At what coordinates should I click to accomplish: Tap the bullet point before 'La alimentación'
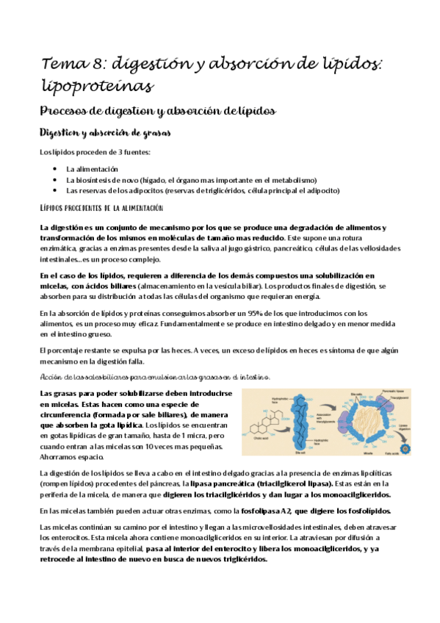(x=56, y=169)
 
